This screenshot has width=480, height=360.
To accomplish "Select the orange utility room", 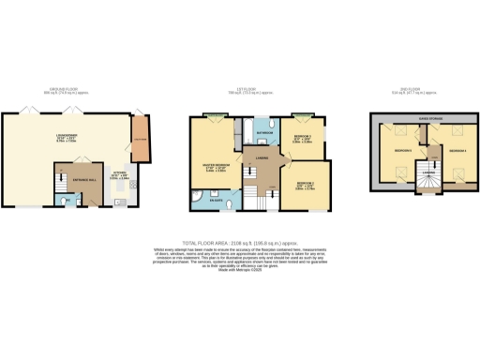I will (142, 140).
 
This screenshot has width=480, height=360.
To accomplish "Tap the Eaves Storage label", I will (430, 120).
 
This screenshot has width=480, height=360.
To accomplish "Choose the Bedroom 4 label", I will (457, 150).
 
